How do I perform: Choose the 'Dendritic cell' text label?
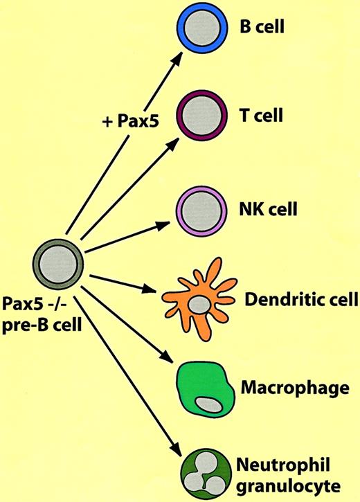pyautogui.click(x=301, y=301)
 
